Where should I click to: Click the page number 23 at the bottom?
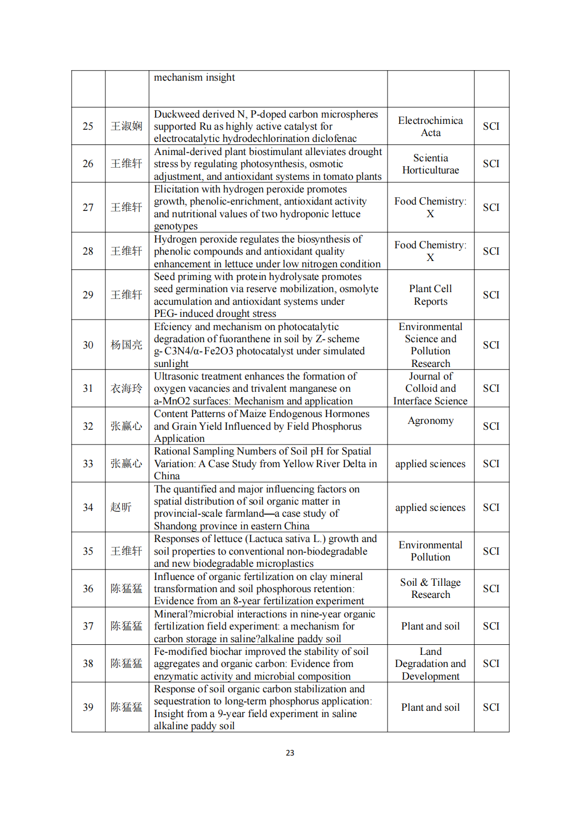(x=290, y=753)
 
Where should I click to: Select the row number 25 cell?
(x=88, y=127)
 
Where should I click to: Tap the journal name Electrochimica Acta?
(x=430, y=127)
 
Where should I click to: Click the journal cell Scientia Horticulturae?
(x=430, y=164)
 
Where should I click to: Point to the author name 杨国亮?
(x=127, y=345)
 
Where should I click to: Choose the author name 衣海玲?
(x=127, y=389)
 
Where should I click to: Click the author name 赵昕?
(x=121, y=507)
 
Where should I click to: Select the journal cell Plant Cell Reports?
(x=430, y=295)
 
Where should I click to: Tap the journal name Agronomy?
(x=430, y=421)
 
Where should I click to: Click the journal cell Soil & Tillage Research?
(x=430, y=588)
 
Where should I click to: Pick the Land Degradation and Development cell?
(x=430, y=664)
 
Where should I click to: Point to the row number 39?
(x=88, y=708)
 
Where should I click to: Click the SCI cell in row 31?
(x=491, y=389)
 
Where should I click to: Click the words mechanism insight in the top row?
(x=194, y=78)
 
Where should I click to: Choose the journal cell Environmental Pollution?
(x=430, y=551)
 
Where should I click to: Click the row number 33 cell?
(x=88, y=464)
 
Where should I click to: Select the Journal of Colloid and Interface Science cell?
(x=430, y=389)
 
